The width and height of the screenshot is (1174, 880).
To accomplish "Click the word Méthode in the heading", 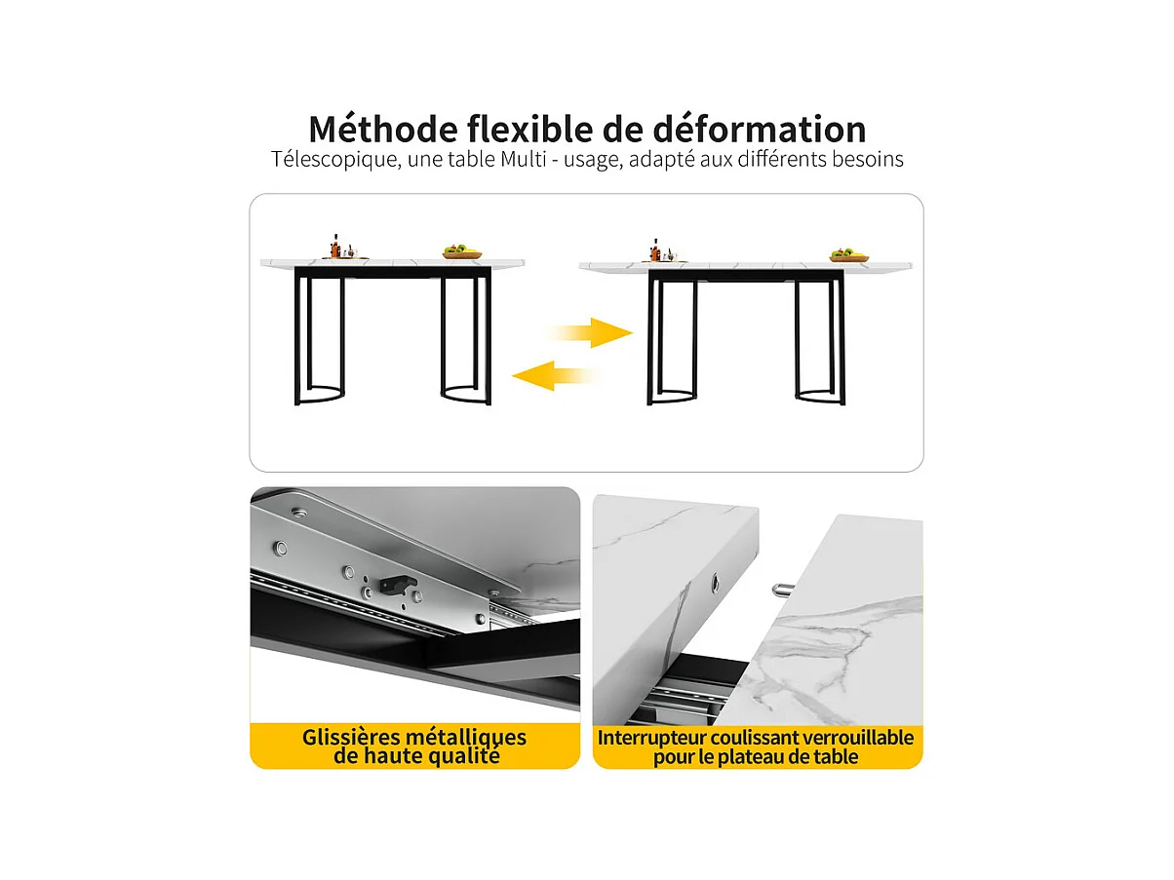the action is [x=383, y=130].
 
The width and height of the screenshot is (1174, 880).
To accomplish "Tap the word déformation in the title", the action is [x=760, y=130].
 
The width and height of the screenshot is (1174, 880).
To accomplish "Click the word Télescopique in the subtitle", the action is [x=335, y=160].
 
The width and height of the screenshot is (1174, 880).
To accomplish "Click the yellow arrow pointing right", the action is [x=589, y=333].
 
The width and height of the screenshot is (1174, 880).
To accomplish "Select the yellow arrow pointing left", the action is [x=556, y=375].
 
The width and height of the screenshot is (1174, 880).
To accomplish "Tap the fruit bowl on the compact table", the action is [x=462, y=251].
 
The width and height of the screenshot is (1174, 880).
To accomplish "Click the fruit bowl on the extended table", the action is [x=849, y=255].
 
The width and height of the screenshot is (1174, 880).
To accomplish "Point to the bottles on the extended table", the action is [x=660, y=250].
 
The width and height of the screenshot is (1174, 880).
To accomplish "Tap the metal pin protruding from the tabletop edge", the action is [x=780, y=590].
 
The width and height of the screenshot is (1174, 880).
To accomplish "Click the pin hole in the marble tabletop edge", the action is [x=715, y=583].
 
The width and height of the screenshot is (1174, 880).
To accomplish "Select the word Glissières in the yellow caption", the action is [x=350, y=738].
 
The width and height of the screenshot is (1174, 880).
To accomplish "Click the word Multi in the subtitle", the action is [x=524, y=159].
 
